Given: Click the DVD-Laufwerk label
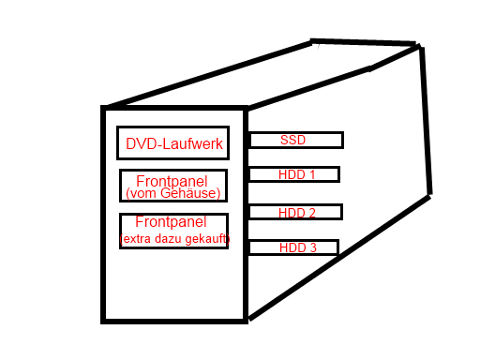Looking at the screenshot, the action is point(174,143).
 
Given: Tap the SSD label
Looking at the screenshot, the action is point(292,140).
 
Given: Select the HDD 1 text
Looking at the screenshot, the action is point(296,174).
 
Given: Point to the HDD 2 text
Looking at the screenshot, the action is point(297,213).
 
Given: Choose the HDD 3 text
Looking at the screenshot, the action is point(298,247).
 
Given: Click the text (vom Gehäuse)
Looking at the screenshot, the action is point(173,193).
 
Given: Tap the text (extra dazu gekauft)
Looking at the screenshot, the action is point(174,239).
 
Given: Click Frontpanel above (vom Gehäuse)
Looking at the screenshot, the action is point(172,181).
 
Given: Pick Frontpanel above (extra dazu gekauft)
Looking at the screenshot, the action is point(171,221).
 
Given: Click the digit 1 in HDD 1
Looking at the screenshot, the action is point(311,174).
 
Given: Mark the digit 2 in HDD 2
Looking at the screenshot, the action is point(312,213).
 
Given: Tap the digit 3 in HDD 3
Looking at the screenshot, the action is point(313,247).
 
